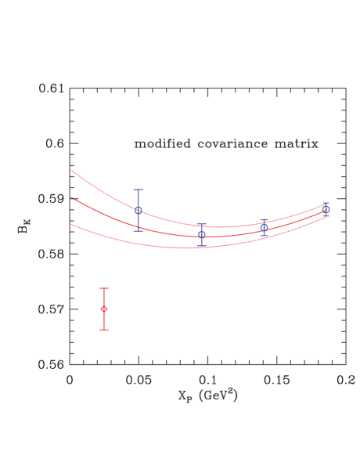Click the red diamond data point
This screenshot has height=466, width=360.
tap(104, 309)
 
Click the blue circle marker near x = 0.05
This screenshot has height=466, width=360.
tap(139, 210)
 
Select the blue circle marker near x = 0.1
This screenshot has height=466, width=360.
tap(202, 234)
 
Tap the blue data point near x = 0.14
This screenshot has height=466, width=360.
tap(264, 227)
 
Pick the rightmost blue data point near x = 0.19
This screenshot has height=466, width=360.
tap(326, 210)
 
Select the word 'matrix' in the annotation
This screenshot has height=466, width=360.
tap(297, 144)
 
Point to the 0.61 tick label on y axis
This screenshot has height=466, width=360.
tap(52, 89)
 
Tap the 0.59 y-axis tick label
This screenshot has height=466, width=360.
tap(52, 199)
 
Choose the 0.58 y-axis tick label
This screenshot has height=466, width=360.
tap(52, 254)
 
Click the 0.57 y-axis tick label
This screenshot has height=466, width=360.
tap(52, 309)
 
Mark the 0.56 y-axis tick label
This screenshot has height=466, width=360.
tap(52, 364)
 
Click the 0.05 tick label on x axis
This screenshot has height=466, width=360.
tap(139, 378)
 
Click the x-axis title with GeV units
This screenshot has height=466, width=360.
tap(207, 396)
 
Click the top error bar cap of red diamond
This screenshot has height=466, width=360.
tap(104, 289)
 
